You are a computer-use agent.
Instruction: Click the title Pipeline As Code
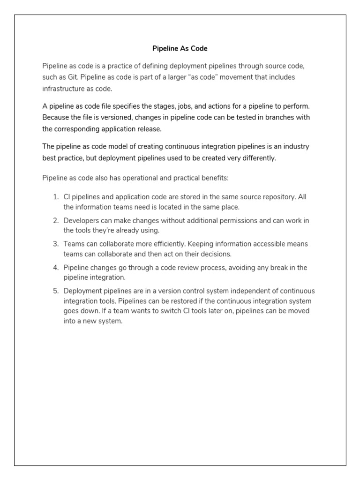[180, 48]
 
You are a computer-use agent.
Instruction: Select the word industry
[295, 146]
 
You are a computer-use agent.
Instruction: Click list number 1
[55, 197]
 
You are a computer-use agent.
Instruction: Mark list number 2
[55, 220]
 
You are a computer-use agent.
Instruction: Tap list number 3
[55, 244]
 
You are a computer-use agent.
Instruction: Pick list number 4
[55, 267]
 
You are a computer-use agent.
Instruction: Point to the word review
[217, 267]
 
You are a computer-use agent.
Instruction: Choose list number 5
[55, 291]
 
